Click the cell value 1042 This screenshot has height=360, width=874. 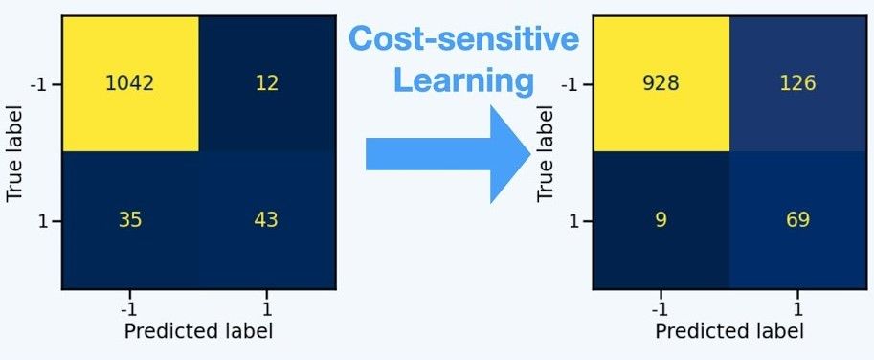click(x=130, y=83)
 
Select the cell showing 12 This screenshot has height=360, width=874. click(x=266, y=83)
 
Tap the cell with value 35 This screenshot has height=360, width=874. click(x=130, y=220)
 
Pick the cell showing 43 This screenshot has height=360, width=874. click(x=266, y=220)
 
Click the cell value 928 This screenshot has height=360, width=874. click(x=661, y=83)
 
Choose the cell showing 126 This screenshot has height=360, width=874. click(x=796, y=83)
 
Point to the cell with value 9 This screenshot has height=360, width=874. click(x=661, y=220)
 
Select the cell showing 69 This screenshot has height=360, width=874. click(x=796, y=220)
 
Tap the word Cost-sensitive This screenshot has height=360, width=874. click(x=463, y=39)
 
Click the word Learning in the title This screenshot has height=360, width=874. click(x=463, y=80)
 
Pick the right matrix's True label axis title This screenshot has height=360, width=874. click(x=546, y=153)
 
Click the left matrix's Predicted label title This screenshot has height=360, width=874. click(x=198, y=331)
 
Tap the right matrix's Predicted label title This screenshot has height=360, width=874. click(x=729, y=331)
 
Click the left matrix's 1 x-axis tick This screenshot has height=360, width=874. click(x=266, y=308)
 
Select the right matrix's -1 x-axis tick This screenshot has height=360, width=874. click(x=661, y=308)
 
